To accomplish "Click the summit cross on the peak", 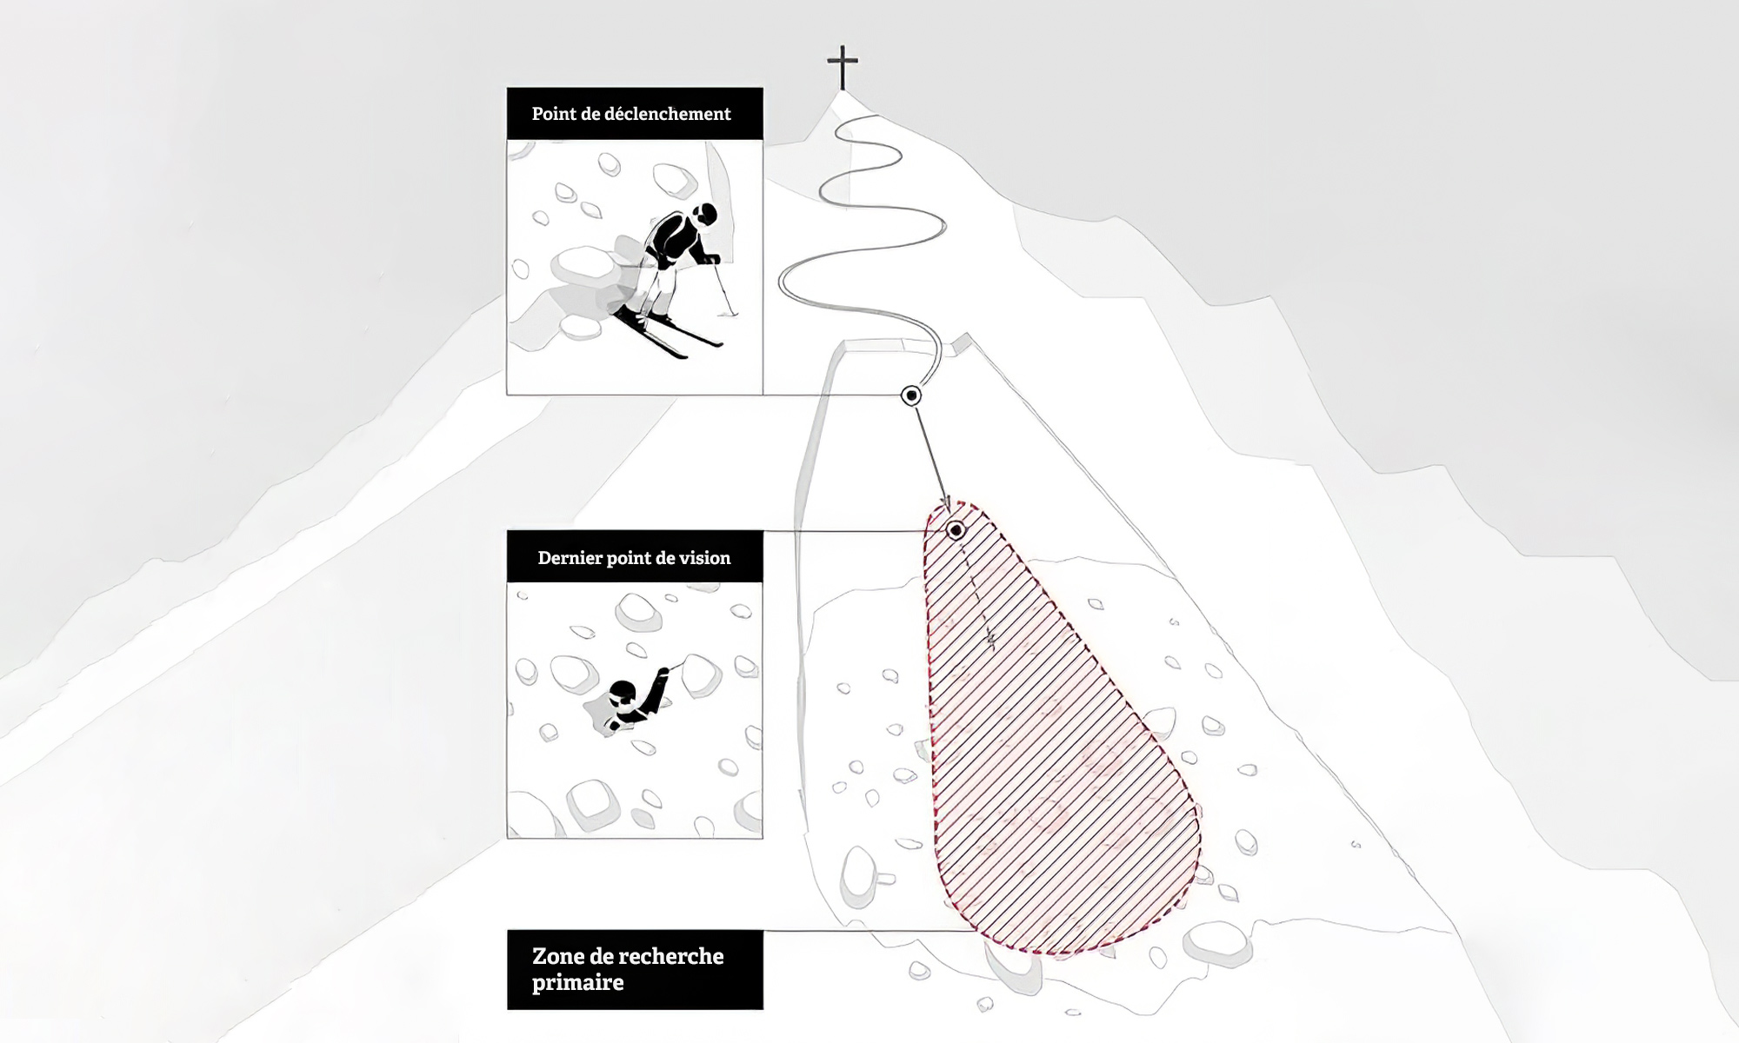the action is coord(842,67).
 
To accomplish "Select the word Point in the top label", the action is coord(552,114).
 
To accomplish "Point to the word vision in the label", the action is coord(705,558).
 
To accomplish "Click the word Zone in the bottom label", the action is coord(556,956).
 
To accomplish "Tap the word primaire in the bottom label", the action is coord(578,983).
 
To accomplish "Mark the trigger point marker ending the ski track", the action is coord(911,396).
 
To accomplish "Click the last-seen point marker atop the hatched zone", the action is coord(956,530).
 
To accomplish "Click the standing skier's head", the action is coord(706,214).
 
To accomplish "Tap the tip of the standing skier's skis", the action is coord(683,355).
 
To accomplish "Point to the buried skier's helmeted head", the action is coord(623,692).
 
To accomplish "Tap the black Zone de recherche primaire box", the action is coord(635,970).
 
